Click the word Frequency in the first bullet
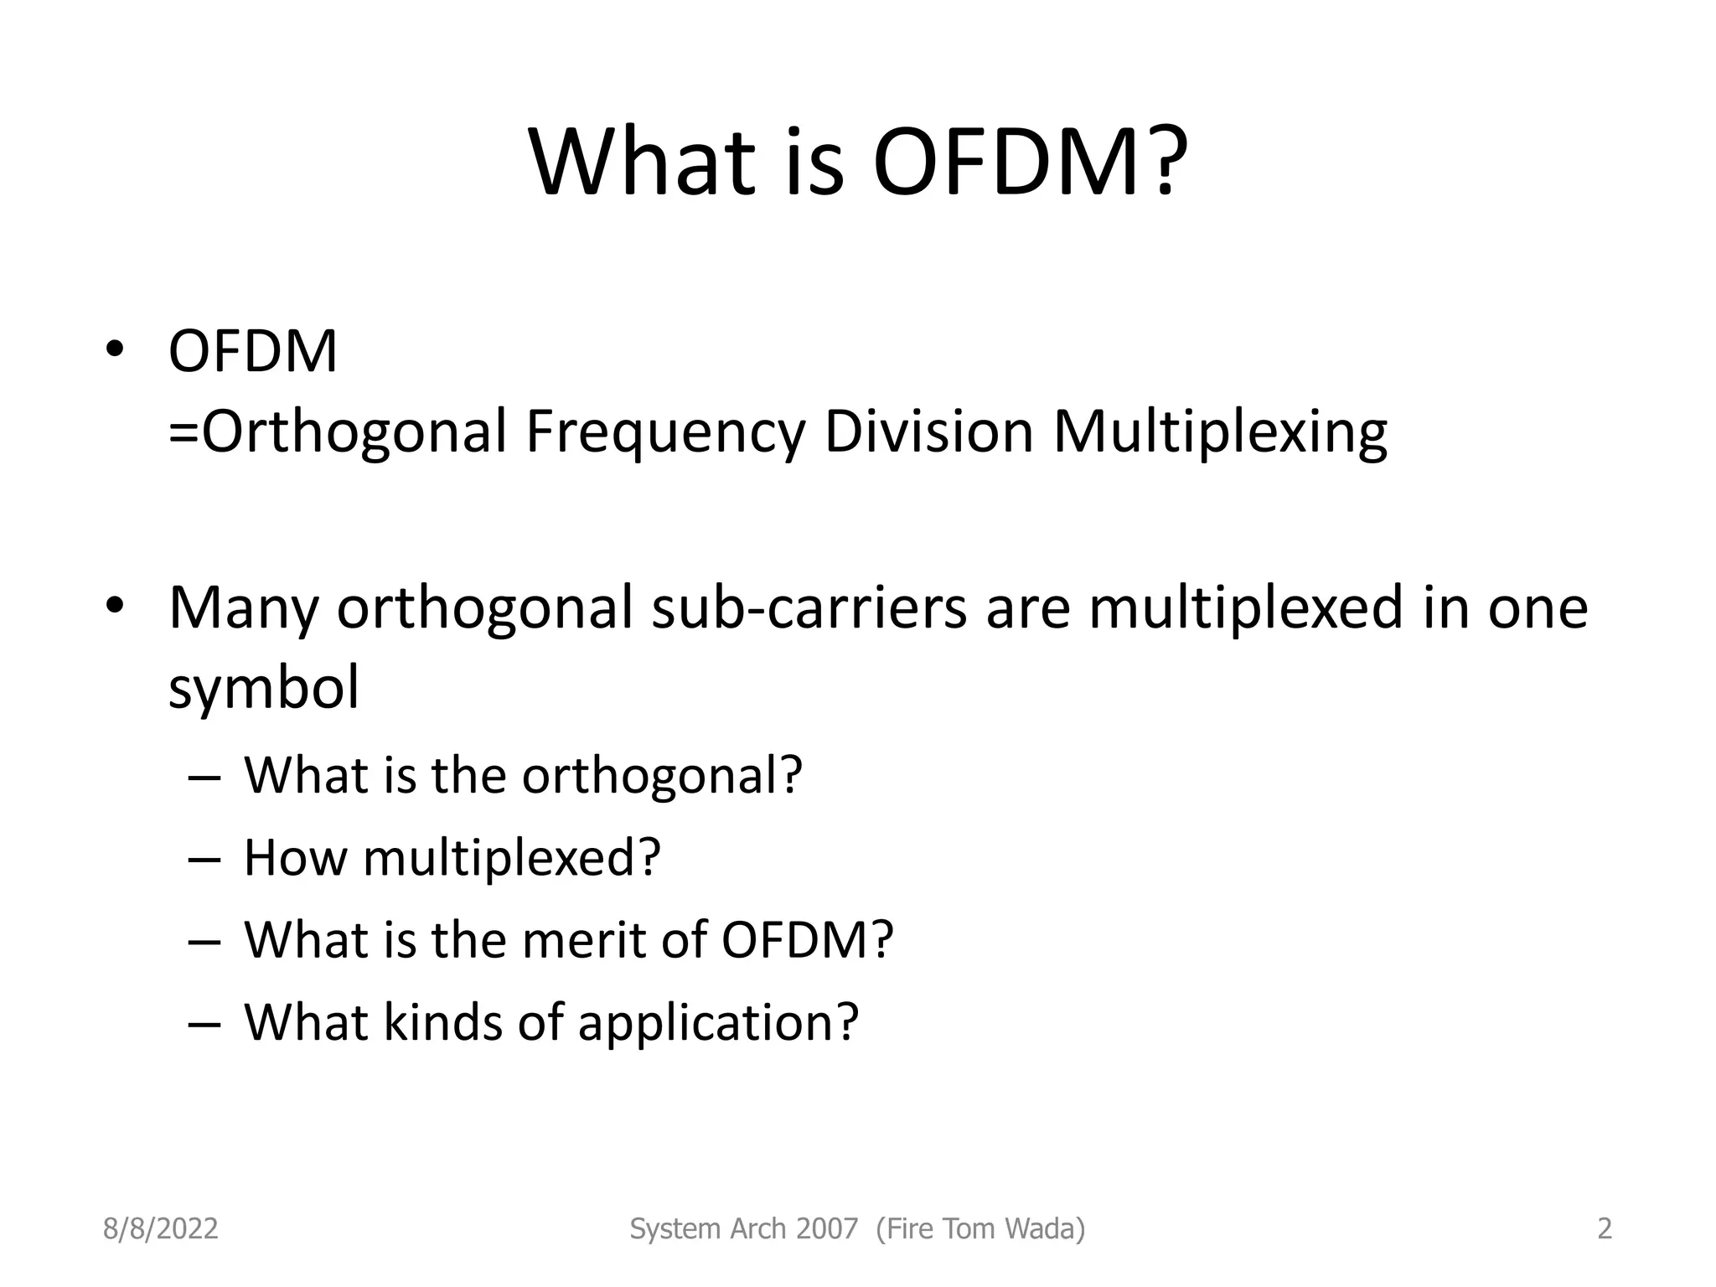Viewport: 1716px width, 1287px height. [665, 432]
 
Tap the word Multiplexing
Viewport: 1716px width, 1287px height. [1220, 432]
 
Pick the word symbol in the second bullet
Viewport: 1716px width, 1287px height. [263, 687]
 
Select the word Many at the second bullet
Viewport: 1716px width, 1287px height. [243, 608]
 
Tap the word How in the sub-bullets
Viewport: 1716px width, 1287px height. [294, 857]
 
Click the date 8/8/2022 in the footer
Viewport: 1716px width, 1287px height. [160, 1229]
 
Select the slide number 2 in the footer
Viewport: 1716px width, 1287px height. [1605, 1229]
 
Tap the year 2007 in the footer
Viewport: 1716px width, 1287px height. [828, 1229]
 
